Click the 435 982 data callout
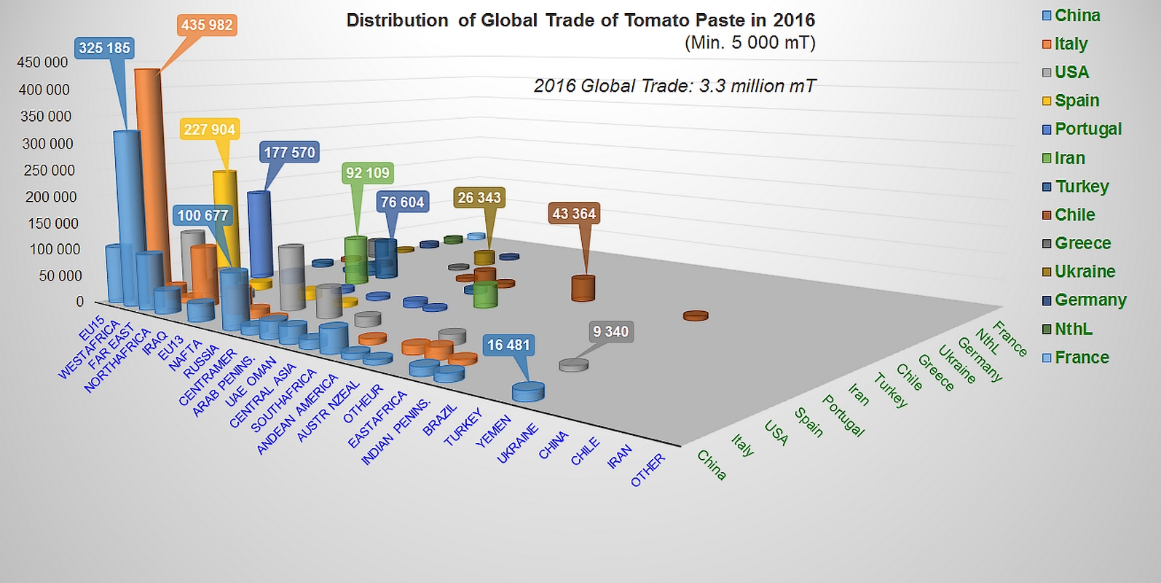tap(207, 26)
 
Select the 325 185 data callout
tap(104, 49)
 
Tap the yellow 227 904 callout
tap(209, 130)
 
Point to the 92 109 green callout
tap(368, 173)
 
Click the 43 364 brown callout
tap(574, 214)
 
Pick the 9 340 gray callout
tap(610, 332)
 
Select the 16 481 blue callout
tap(508, 345)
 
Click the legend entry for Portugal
tap(1087, 129)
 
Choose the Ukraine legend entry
tap(1085, 272)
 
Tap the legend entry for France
tap(1081, 358)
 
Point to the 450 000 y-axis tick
tap(42, 63)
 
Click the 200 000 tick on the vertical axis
tap(46, 197)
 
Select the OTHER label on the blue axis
tap(648, 470)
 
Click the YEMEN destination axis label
tap(493, 431)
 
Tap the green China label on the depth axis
tap(712, 465)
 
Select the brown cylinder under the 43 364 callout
tap(583, 288)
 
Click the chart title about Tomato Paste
tap(580, 20)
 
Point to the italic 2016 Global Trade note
tap(674, 86)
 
